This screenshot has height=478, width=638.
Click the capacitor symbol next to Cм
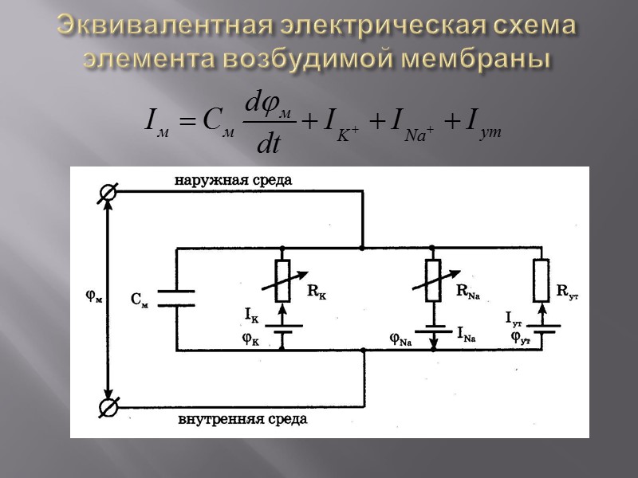click(x=175, y=298)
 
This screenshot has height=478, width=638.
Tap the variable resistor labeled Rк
click(x=282, y=280)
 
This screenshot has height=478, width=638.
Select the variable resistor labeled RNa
click(x=434, y=280)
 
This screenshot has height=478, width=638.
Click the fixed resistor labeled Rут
click(x=542, y=280)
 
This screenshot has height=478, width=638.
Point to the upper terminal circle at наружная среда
click(x=108, y=192)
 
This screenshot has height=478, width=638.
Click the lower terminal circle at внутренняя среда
click(x=108, y=407)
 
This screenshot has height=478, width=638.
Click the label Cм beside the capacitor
click(x=140, y=300)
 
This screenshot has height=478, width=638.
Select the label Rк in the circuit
click(x=317, y=292)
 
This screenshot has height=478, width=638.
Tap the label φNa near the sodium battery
click(x=400, y=338)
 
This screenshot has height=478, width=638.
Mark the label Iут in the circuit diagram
click(x=514, y=317)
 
